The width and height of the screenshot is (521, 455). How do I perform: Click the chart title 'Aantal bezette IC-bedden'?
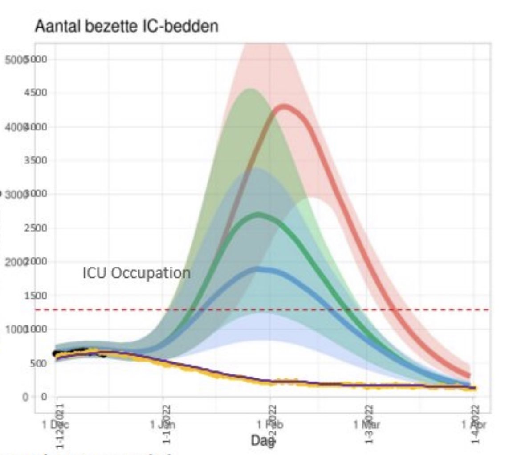click(126, 27)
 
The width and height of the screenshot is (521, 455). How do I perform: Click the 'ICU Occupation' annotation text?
click(136, 272)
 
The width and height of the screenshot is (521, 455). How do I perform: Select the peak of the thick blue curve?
click(259, 269)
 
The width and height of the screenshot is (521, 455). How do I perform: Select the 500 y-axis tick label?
click(40, 363)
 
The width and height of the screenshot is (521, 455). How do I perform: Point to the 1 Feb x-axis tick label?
click(270, 424)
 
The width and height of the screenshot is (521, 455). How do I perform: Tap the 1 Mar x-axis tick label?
click(366, 424)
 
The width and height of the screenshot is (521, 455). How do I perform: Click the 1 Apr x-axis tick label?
click(473, 424)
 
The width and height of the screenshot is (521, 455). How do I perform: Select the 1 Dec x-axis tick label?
click(56, 424)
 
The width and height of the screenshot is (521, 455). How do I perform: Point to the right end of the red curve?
click(468, 375)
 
